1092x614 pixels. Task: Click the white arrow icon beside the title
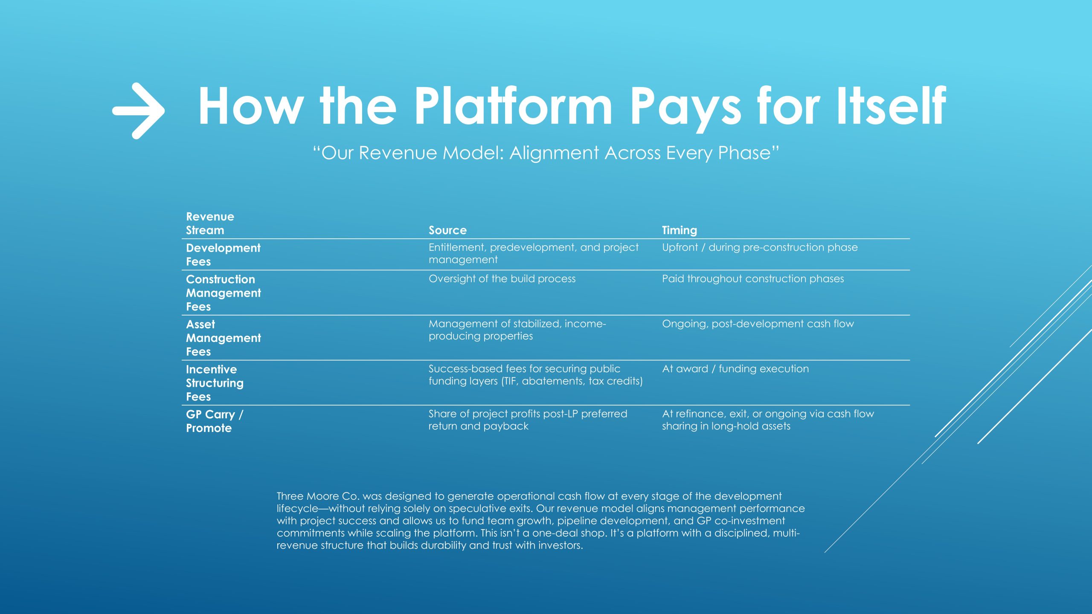(x=139, y=111)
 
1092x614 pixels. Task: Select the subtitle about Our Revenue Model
(x=546, y=153)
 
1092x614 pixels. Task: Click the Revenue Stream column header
(x=210, y=223)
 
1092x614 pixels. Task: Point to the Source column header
(x=447, y=230)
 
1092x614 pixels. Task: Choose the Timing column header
(x=680, y=230)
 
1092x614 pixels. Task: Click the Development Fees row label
(x=223, y=255)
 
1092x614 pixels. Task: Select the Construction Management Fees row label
(x=224, y=293)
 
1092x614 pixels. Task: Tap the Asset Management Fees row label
(x=224, y=338)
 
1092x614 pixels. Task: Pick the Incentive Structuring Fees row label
(x=215, y=383)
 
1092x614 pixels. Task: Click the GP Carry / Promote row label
(x=215, y=421)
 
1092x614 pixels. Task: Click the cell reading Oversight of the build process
(x=502, y=279)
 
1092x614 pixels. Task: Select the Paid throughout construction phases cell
(x=753, y=279)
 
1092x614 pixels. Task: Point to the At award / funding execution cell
(x=735, y=369)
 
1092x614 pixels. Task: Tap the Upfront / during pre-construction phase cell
(x=760, y=248)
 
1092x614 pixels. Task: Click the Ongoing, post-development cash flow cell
(x=758, y=324)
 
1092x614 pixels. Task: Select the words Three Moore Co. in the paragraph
(x=318, y=496)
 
